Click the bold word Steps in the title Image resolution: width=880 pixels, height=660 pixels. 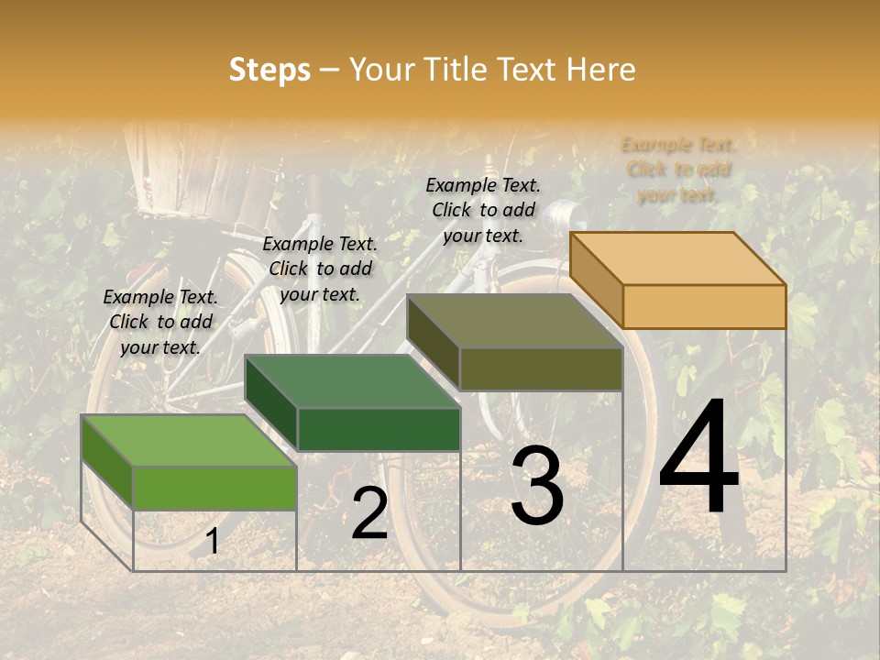269,70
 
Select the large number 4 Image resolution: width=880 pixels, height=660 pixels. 698,458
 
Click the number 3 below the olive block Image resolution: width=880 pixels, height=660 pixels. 536,486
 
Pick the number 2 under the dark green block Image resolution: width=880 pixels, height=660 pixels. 369,514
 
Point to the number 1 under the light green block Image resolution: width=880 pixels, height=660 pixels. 212,542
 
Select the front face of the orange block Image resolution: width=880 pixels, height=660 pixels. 704,306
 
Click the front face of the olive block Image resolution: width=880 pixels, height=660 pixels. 541,368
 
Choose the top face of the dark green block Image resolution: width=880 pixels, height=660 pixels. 352,381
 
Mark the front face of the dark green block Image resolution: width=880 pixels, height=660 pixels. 378,429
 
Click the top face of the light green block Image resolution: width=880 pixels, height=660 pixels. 189,441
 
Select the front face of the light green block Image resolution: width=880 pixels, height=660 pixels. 214,488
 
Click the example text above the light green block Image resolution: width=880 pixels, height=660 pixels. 160,322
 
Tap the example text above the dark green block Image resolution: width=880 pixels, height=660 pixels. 320,269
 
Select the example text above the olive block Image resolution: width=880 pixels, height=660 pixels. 483,210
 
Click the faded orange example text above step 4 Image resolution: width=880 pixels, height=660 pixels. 678,170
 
